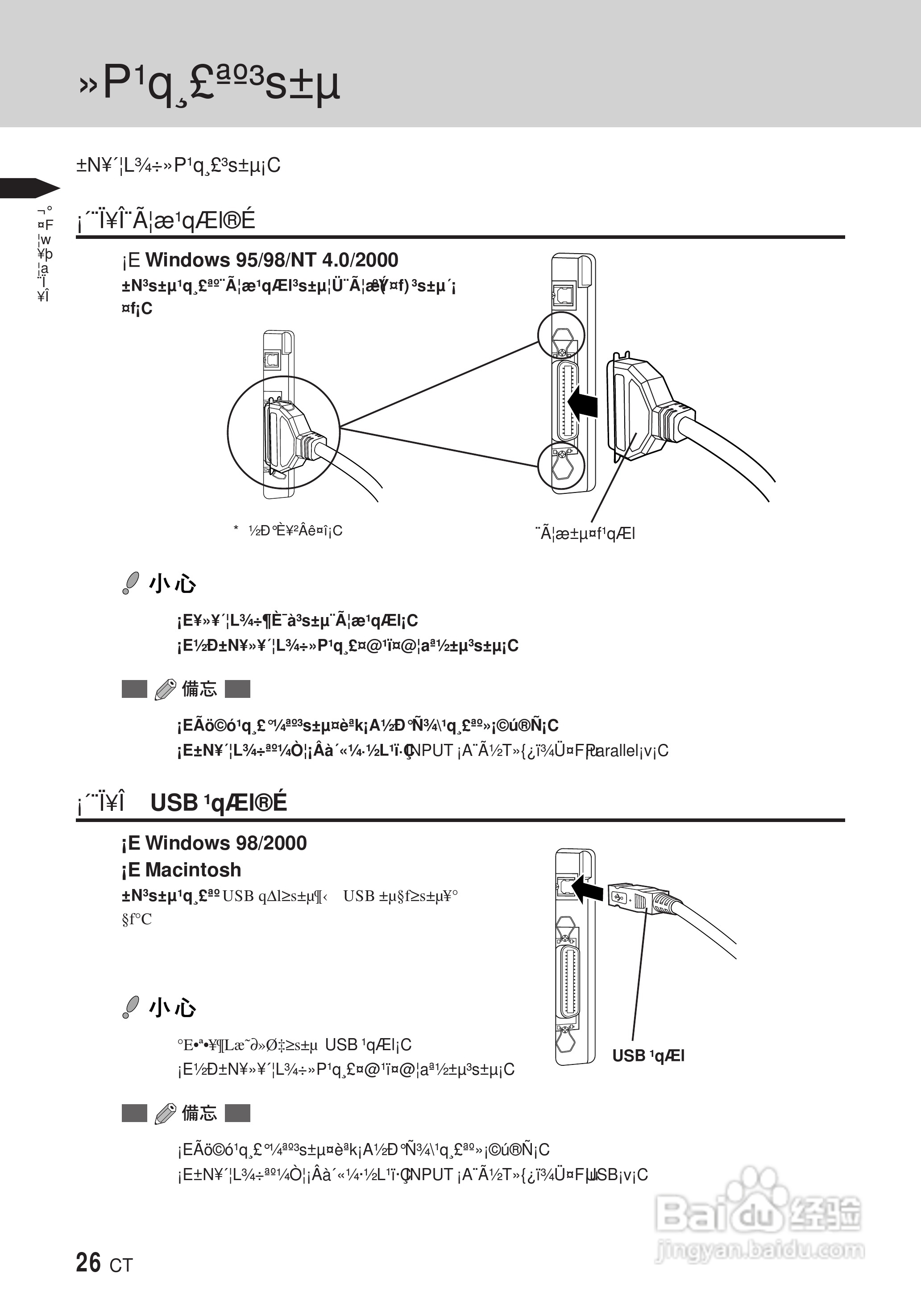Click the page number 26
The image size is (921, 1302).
coord(88,1263)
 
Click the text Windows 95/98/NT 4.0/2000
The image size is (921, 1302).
coord(272,260)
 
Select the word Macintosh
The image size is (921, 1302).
coord(193,870)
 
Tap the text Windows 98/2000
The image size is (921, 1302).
coord(226,843)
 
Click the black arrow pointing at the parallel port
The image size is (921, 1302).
coord(582,403)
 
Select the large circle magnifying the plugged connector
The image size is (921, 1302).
coord(283,433)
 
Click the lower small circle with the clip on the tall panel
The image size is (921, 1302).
coord(561,465)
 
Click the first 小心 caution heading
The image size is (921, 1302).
coord(172,584)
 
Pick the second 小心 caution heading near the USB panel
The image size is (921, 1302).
coord(172,1008)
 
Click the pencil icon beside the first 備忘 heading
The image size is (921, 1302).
coord(165,690)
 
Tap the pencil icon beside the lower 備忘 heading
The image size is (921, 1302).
coord(165,1114)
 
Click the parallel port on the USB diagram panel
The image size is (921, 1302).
coord(569,983)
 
